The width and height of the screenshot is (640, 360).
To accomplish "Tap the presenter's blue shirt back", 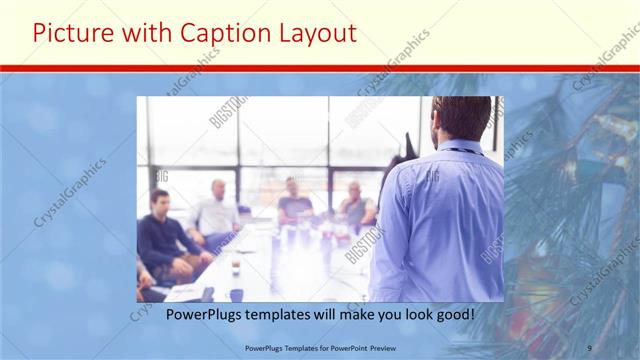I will (x=440, y=220).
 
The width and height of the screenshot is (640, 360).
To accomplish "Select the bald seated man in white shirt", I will (x=216, y=210).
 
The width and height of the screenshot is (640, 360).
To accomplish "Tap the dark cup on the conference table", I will (x=236, y=267).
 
